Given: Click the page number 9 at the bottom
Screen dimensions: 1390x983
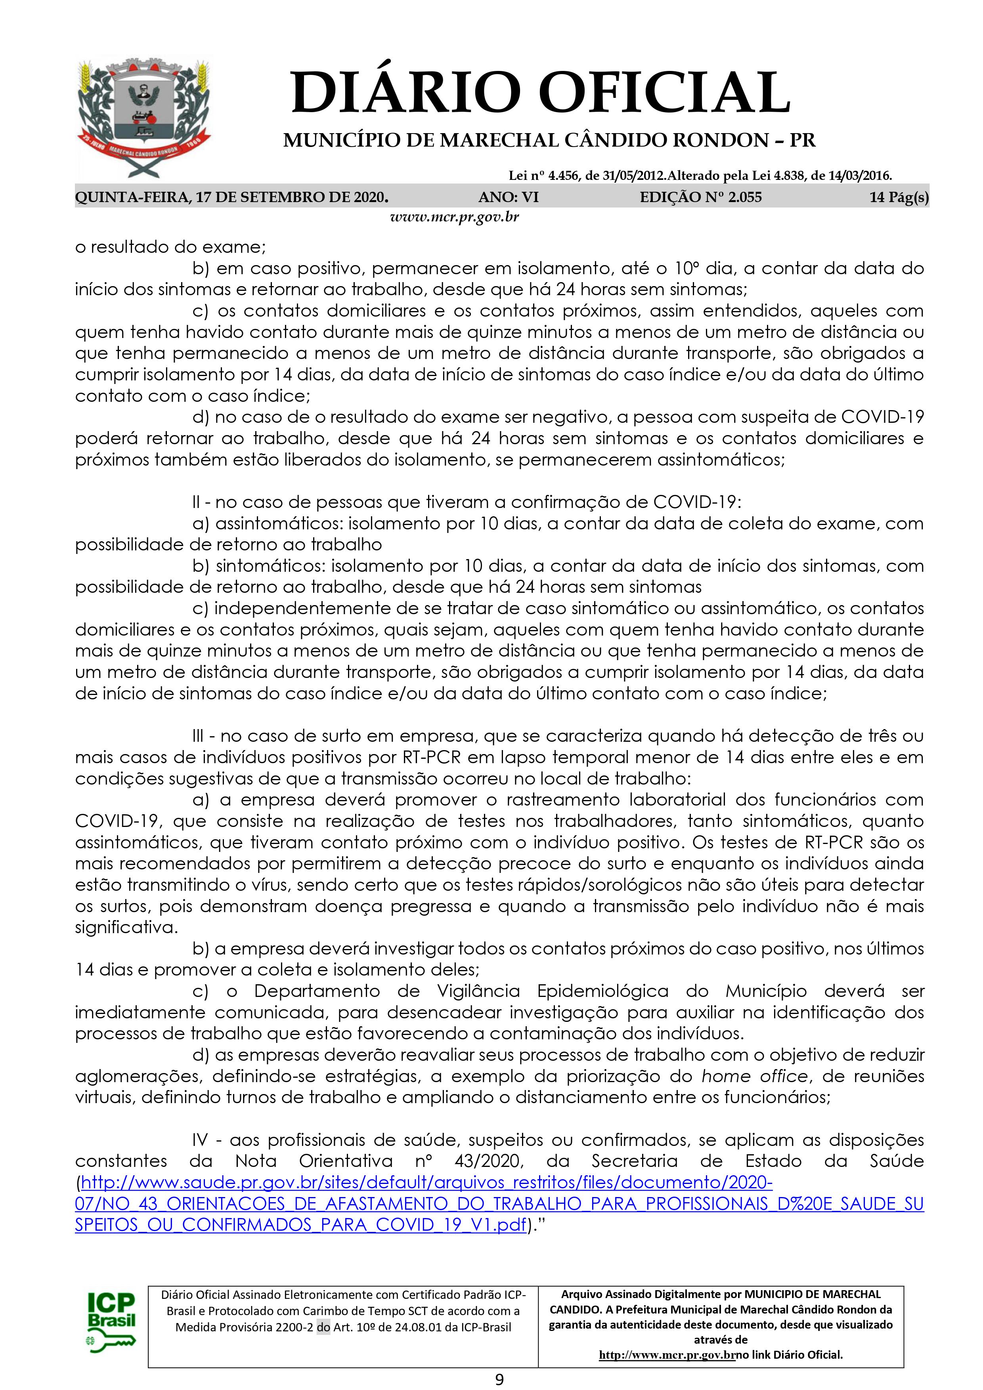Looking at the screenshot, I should [499, 1379].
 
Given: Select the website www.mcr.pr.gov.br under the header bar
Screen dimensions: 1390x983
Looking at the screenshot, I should [454, 217].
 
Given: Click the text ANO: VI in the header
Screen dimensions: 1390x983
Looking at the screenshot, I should [508, 197].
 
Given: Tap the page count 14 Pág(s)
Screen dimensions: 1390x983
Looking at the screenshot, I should [899, 197].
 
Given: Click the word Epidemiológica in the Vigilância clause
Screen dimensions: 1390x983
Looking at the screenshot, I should [602, 991].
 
